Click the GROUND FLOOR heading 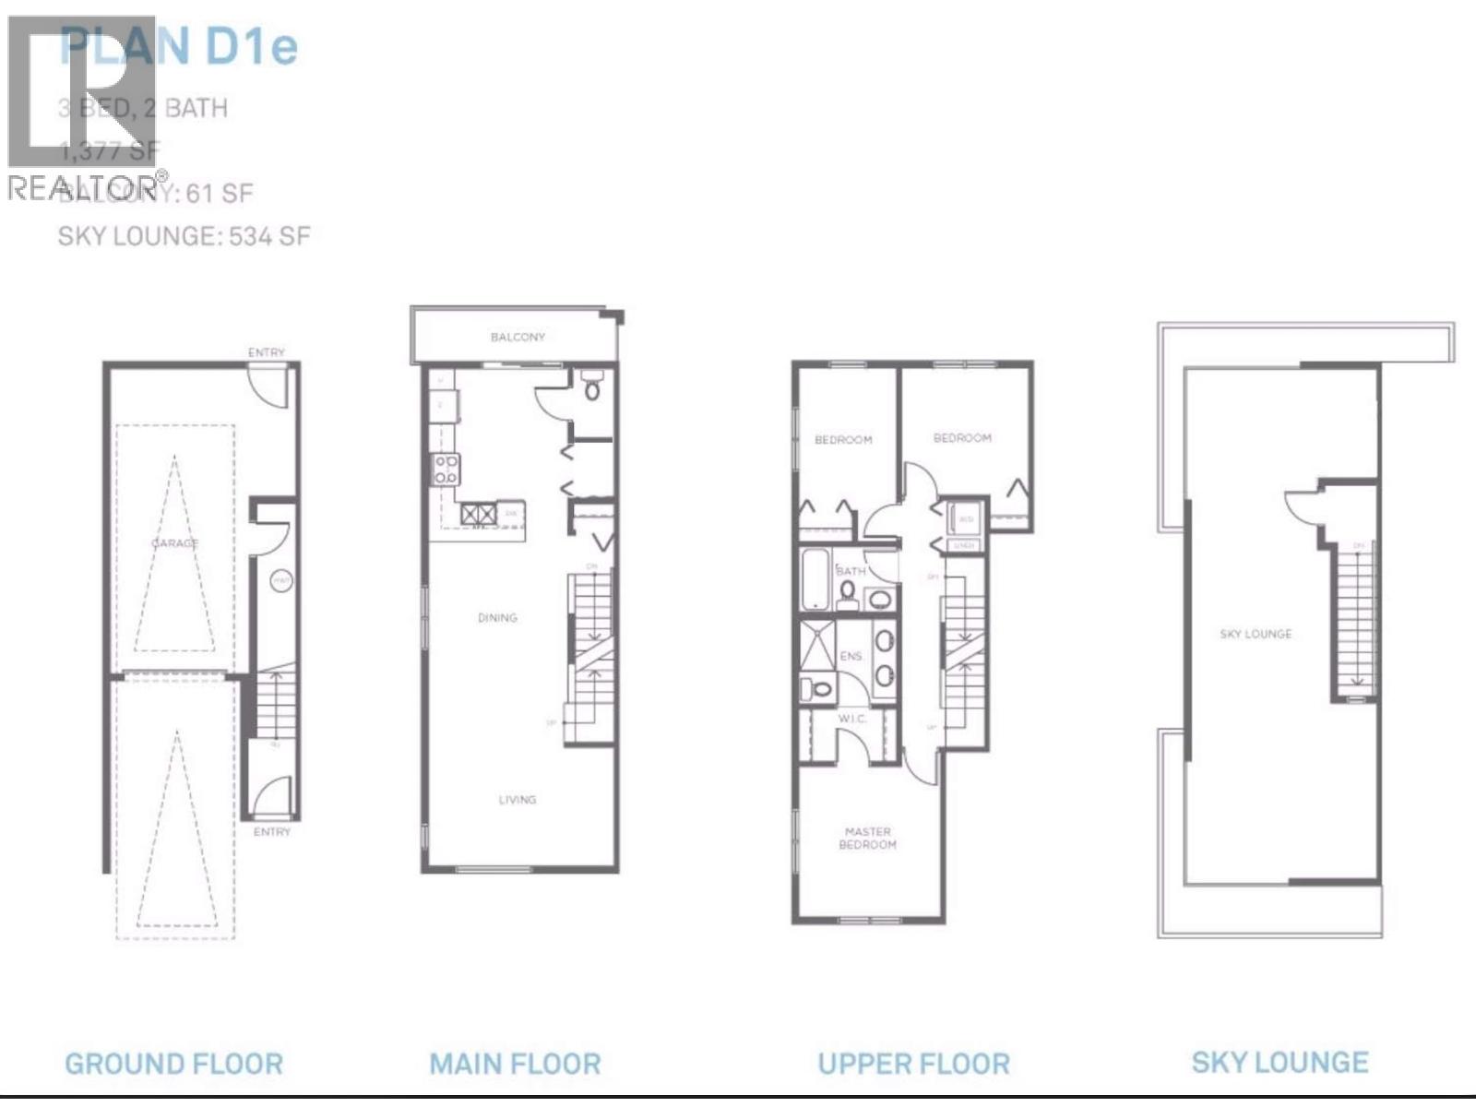pos(173,1064)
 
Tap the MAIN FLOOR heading pos(515,1064)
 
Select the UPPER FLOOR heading pos(913,1064)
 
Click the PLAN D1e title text pos(179,46)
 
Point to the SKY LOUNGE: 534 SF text pos(184,236)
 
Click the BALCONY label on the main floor pos(518,337)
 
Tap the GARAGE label pos(174,542)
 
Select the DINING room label pos(497,617)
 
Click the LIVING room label pos(517,799)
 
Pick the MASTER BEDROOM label pos(867,838)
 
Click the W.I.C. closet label pos(851,719)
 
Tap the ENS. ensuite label pos(851,656)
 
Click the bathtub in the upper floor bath pos(815,579)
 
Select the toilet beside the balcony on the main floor pos(592,387)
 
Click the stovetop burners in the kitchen pos(446,470)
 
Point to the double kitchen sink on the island pos(479,514)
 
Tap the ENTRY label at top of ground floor pos(266,352)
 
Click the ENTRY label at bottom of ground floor pos(271,831)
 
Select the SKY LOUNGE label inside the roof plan pos(1256,634)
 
